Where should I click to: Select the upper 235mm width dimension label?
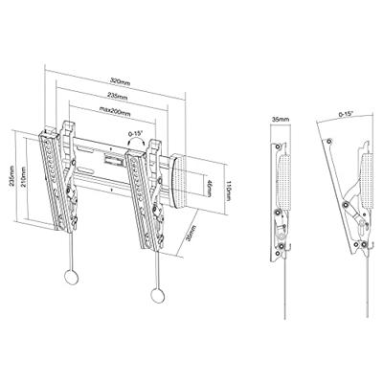(118, 98)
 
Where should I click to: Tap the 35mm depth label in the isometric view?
(192, 234)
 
